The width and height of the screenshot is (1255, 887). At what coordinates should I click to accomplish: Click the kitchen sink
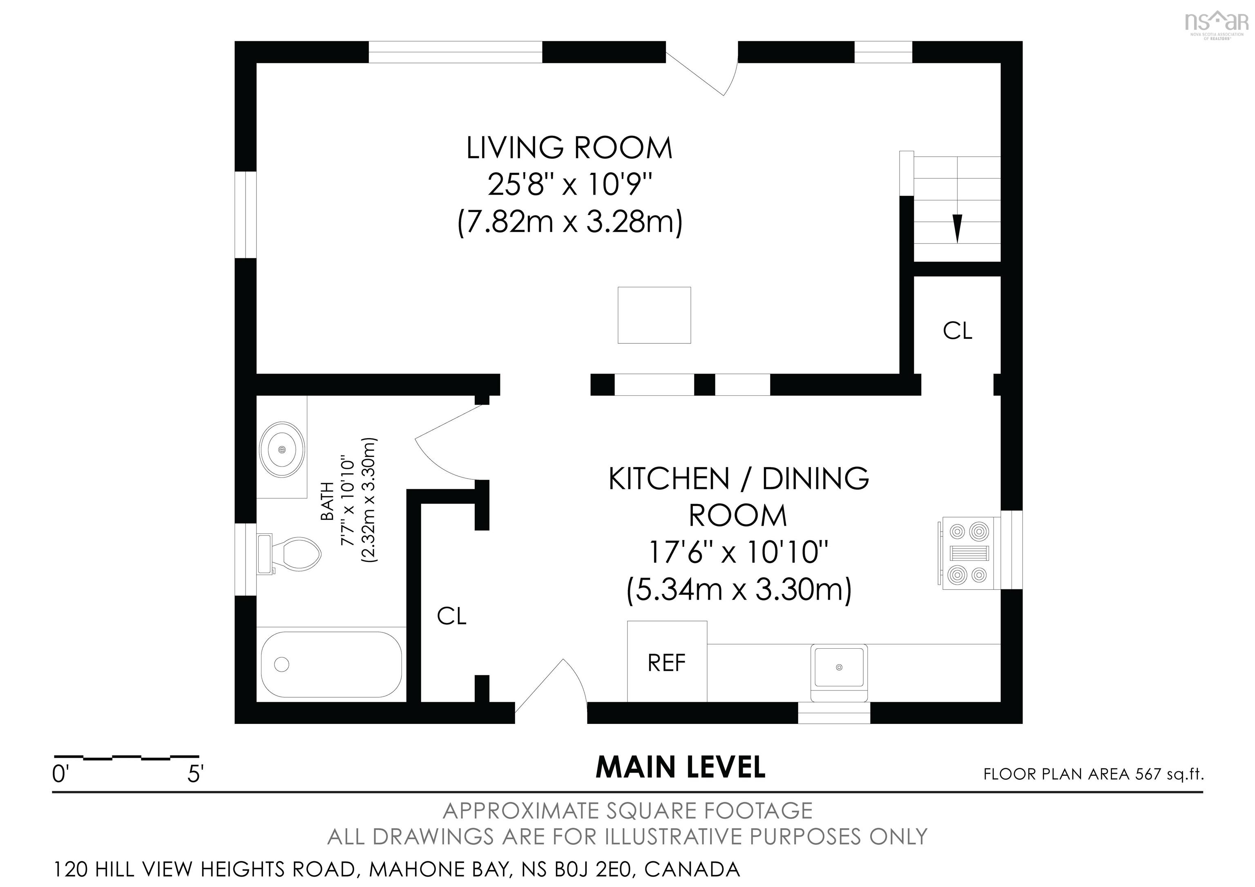pyautogui.click(x=839, y=667)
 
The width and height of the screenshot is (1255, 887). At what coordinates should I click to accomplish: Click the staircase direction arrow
pyautogui.click(x=957, y=228)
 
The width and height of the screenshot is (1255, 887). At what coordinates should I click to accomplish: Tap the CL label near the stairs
pyautogui.click(x=958, y=331)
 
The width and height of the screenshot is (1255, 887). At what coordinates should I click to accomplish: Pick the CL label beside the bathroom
pyautogui.click(x=451, y=616)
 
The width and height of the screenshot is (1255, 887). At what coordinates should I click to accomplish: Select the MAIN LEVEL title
pyautogui.click(x=681, y=767)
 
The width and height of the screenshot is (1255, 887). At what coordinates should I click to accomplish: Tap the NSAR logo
pyautogui.click(x=1216, y=25)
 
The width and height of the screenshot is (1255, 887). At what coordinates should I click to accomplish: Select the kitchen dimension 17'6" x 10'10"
pyautogui.click(x=738, y=552)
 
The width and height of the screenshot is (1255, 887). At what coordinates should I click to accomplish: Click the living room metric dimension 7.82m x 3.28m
pyautogui.click(x=569, y=223)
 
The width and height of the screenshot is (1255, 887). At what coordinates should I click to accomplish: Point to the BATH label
pyautogui.click(x=327, y=501)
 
